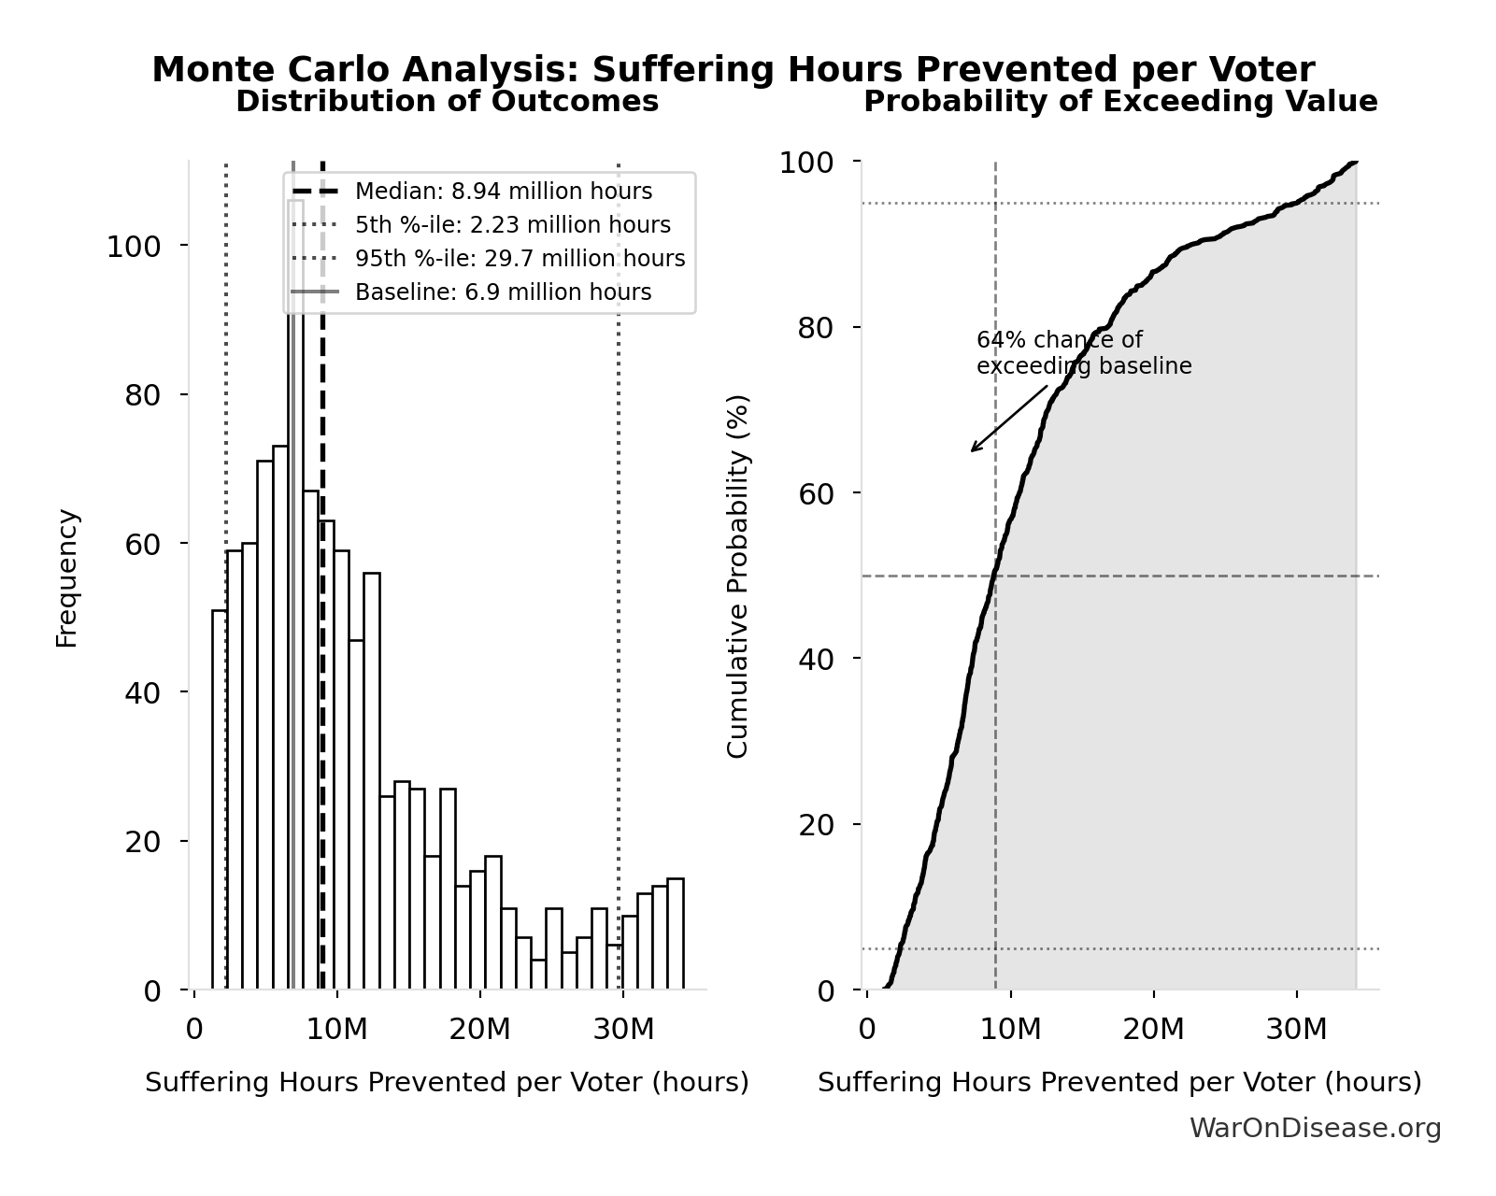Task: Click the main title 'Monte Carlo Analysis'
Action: pyautogui.click(x=733, y=70)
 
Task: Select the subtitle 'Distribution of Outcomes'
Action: pyautogui.click(x=447, y=102)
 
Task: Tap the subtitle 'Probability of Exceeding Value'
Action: pyautogui.click(x=1119, y=102)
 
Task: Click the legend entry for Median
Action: pyautogui.click(x=503, y=192)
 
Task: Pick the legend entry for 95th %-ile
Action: pyautogui.click(x=520, y=259)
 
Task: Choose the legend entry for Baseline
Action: pyautogui.click(x=503, y=292)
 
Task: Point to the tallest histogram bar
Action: pyautogui.click(x=295, y=598)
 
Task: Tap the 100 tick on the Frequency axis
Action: pyautogui.click(x=133, y=247)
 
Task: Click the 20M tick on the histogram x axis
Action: pyautogui.click(x=479, y=1030)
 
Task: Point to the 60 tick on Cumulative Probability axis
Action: pyautogui.click(x=817, y=493)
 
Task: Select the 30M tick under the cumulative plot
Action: pyautogui.click(x=1296, y=1030)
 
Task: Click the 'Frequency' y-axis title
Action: pyautogui.click(x=67, y=577)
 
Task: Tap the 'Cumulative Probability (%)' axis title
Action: pyautogui.click(x=738, y=576)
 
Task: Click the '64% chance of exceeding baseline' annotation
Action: pyautogui.click(x=1083, y=353)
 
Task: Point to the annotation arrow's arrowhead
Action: pyautogui.click(x=973, y=450)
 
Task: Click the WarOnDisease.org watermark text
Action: pyautogui.click(x=1315, y=1129)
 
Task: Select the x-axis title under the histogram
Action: pyautogui.click(x=447, y=1082)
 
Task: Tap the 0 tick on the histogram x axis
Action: pyautogui.click(x=194, y=1030)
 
